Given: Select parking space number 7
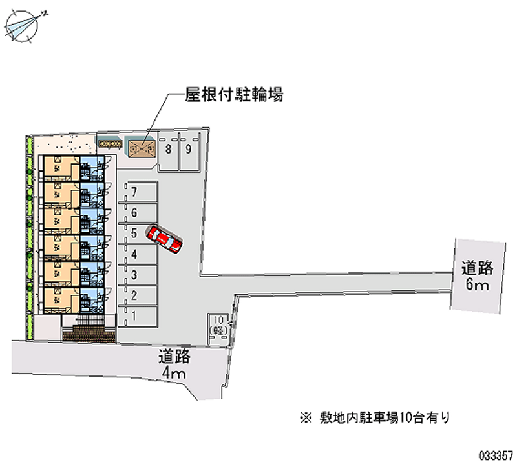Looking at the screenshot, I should pos(137,192).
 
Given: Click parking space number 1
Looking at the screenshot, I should pos(137,316).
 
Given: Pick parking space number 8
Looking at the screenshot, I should pos(168,149).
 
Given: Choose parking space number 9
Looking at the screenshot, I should pos(188,149).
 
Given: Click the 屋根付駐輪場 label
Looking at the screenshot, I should pos(234,95).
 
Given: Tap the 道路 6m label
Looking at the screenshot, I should pos(478,274).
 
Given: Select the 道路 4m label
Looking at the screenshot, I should pos(174,364).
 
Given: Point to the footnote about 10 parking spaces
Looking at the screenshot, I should pos(374,417).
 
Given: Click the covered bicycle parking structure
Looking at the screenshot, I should pos(140,149).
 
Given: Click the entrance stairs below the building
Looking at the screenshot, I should pos(89,333).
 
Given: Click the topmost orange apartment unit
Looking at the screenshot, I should pos(59,169).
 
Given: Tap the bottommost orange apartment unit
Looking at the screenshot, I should pos(59,298).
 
